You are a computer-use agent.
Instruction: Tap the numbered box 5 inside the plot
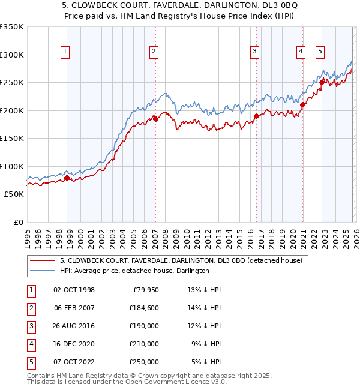click(320, 52)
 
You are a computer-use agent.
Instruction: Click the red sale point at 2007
click(155, 119)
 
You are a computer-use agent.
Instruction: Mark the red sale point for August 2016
click(257, 116)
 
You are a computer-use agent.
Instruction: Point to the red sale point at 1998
click(67, 178)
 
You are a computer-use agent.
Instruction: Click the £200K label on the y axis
click(11, 110)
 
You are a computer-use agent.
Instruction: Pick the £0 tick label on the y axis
click(17, 222)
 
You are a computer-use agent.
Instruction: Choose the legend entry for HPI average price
click(134, 271)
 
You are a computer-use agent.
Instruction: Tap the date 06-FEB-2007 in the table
click(74, 308)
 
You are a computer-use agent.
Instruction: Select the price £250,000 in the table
click(144, 362)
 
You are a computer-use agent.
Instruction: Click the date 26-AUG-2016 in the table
click(74, 326)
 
